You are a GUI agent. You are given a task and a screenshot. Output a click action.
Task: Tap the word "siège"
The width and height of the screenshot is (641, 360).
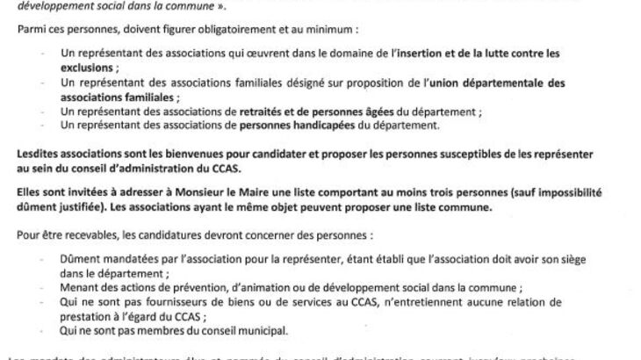click(558, 261)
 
